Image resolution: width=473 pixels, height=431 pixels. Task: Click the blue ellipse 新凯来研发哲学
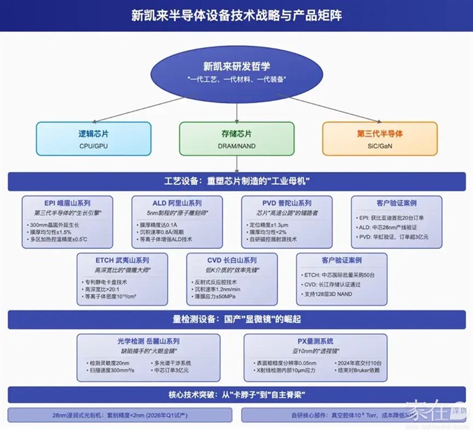tap(236, 72)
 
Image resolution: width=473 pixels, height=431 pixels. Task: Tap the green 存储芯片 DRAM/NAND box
tap(236, 138)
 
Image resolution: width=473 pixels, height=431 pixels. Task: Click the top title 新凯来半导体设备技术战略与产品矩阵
tap(236, 15)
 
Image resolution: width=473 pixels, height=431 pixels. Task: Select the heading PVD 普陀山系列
tap(287, 203)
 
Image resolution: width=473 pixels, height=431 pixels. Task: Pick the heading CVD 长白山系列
tap(232, 260)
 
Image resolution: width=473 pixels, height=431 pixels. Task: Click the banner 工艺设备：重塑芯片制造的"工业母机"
tap(236, 182)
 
